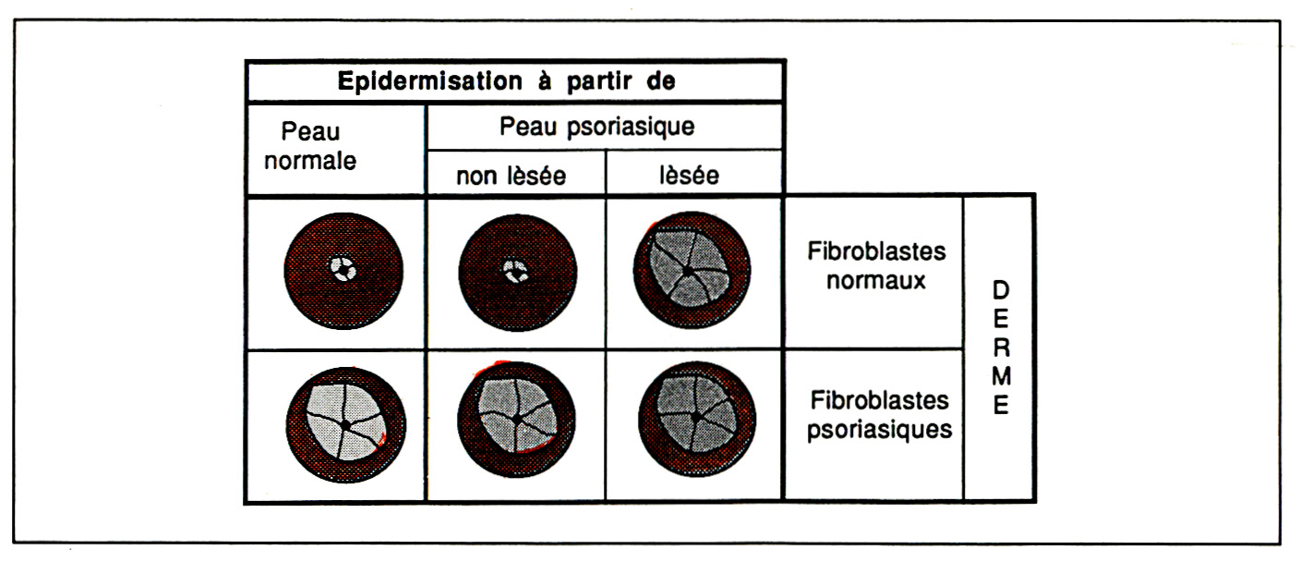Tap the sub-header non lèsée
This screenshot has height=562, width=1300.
[x=511, y=176]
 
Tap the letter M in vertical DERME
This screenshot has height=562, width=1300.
[x=1000, y=377]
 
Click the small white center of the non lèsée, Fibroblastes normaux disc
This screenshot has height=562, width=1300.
[x=512, y=272]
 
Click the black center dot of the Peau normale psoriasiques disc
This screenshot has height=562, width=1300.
[x=344, y=424]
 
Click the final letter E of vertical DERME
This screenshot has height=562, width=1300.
[x=1000, y=407]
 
